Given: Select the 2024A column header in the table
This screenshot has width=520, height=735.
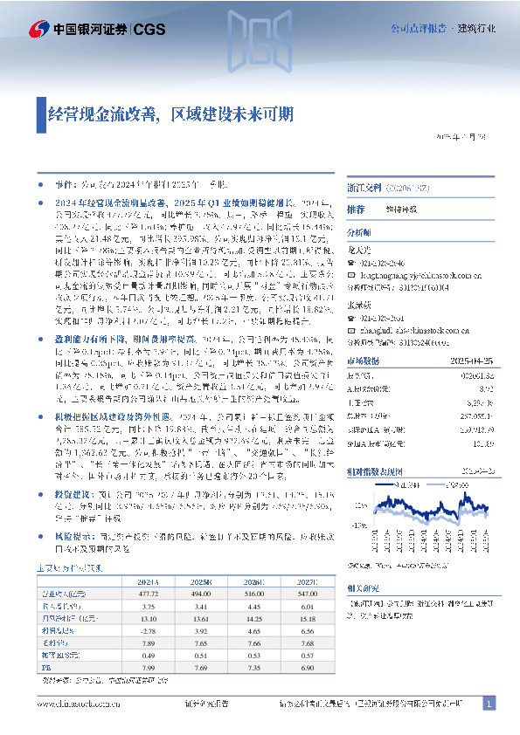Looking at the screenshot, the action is point(152,580).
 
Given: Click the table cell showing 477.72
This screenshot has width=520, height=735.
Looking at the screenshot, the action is point(152,594).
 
